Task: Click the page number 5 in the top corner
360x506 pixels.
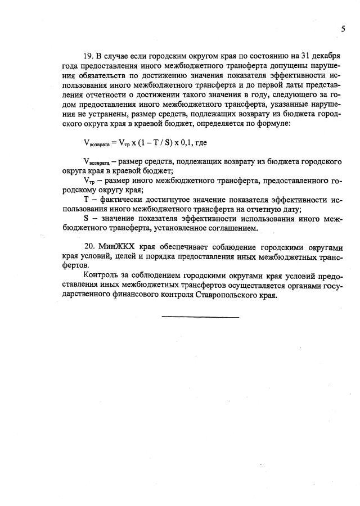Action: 343,29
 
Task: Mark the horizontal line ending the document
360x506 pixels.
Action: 200,317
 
